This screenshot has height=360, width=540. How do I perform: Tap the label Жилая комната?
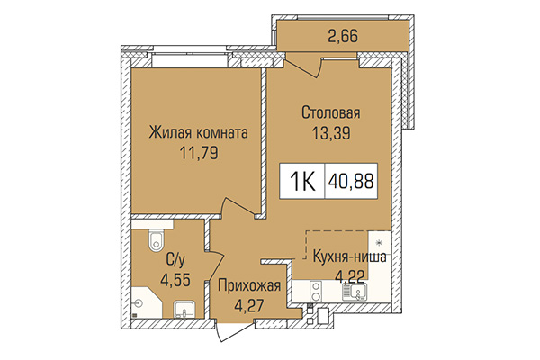198,132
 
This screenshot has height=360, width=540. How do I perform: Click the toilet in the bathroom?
156,239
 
